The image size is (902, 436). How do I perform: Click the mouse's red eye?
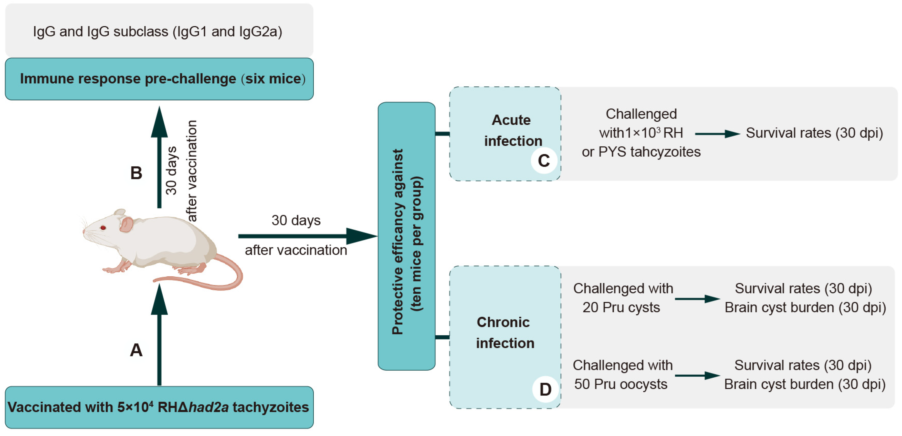[x=103, y=228]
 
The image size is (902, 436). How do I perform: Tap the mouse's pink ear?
[x=126, y=224]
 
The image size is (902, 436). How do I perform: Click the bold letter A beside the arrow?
[x=136, y=350]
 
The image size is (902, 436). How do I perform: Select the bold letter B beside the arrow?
[x=136, y=173]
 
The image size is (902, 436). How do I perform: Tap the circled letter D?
[x=545, y=389]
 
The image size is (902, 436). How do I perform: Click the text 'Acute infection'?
[x=512, y=131]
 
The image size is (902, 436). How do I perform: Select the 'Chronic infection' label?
[x=505, y=332]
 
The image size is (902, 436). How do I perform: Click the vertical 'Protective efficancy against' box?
[x=406, y=236]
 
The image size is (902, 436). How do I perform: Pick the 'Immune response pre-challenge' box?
[x=159, y=79]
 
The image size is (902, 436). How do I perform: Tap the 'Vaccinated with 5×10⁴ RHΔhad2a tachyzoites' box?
[x=159, y=407]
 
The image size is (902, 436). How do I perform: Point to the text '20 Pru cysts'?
[x=621, y=307]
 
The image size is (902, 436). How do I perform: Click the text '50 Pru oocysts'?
[x=621, y=384]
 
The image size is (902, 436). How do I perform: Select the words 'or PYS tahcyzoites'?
[x=641, y=152]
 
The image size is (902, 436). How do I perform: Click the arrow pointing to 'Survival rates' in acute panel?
[x=717, y=134]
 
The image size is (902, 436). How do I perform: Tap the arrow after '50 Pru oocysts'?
[x=697, y=376]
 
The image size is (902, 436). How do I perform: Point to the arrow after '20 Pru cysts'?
[x=697, y=299]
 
